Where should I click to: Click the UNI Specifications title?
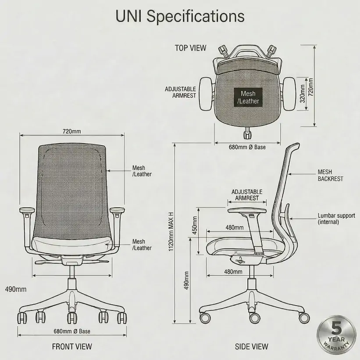(180, 17)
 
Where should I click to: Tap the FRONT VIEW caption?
(72, 347)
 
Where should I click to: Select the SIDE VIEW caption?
(251, 347)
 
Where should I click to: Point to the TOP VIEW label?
(191, 48)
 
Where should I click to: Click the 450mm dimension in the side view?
(195, 225)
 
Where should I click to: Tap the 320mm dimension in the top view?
(303, 94)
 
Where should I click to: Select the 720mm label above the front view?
(71, 131)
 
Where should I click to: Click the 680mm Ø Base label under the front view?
(72, 331)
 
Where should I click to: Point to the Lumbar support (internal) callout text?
(336, 219)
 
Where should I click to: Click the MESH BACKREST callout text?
(330, 175)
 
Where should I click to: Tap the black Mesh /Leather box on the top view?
(248, 97)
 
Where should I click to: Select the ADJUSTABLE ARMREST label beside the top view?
(181, 92)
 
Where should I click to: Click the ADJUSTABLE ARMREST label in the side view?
(247, 195)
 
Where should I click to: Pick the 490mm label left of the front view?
(16, 289)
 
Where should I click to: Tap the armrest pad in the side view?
(247, 210)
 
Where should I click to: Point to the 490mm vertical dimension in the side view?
(186, 281)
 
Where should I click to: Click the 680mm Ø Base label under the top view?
(247, 147)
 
